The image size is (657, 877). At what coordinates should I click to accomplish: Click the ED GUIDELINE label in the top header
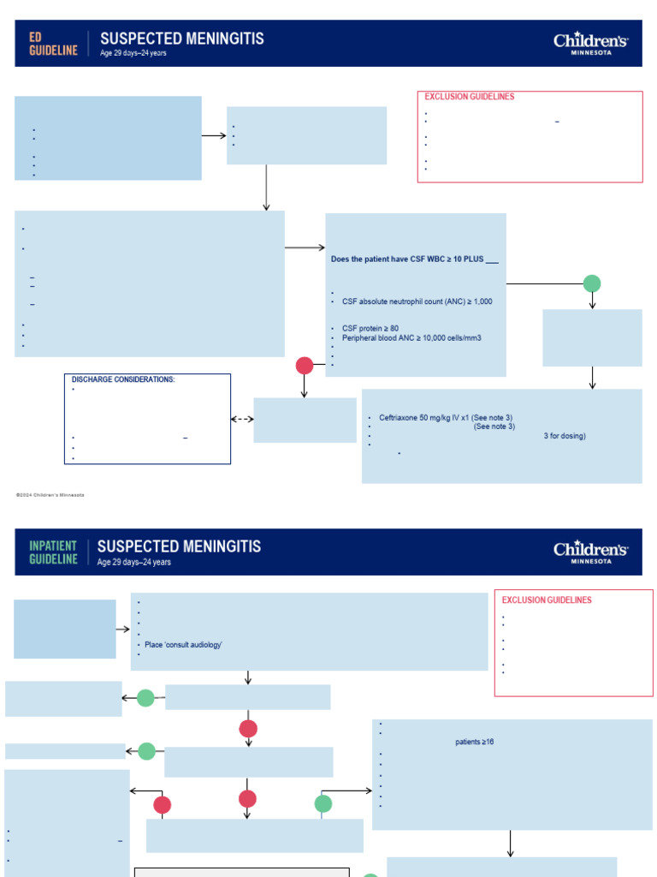(53, 45)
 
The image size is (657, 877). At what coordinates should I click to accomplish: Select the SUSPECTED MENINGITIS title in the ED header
(181, 39)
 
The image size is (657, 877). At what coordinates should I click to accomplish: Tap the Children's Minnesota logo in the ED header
(590, 44)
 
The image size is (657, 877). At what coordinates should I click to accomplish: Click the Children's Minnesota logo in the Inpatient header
(590, 552)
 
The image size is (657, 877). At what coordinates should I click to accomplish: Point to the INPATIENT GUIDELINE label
(53, 552)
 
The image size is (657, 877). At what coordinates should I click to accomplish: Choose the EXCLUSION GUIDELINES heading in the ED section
(470, 97)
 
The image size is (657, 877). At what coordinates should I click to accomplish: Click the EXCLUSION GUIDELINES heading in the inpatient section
(547, 600)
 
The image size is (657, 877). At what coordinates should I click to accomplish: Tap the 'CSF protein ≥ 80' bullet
(370, 328)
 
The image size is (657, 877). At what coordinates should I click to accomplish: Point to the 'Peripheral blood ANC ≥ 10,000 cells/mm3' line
(411, 338)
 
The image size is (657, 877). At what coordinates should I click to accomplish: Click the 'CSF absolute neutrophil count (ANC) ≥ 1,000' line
(417, 301)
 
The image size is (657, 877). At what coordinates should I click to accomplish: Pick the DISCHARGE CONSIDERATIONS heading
(123, 379)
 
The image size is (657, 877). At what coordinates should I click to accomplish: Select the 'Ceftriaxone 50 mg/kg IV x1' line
(446, 418)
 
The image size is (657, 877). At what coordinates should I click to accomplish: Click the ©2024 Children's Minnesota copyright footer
(50, 495)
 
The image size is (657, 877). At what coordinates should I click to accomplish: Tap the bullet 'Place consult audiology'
(183, 644)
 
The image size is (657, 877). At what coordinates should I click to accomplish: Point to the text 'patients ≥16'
(474, 743)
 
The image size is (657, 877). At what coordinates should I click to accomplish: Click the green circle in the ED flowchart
(592, 283)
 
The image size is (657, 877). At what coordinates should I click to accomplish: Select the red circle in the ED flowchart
(305, 366)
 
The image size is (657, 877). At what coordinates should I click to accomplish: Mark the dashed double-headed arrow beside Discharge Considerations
(242, 420)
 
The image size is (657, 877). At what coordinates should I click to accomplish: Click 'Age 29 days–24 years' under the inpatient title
(134, 563)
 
